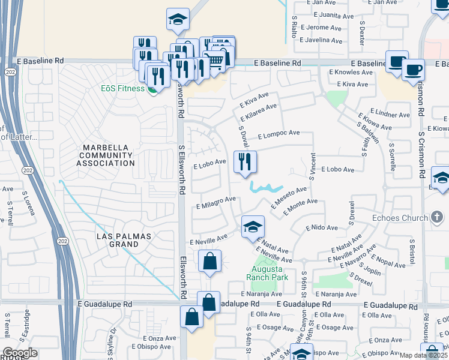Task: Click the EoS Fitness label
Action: tap(122, 88)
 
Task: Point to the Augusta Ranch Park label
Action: tap(267, 273)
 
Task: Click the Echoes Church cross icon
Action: tap(438, 218)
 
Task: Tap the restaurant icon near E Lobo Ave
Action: tap(245, 161)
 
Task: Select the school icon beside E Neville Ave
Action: tap(253, 227)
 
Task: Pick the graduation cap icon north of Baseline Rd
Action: tap(177, 19)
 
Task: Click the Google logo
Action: tap(20, 353)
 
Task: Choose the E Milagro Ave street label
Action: tap(216, 203)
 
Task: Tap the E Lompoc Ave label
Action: tap(279, 134)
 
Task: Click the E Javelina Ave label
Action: tap(322, 40)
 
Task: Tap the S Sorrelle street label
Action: tap(392, 157)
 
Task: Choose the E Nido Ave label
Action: tap(322, 227)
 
